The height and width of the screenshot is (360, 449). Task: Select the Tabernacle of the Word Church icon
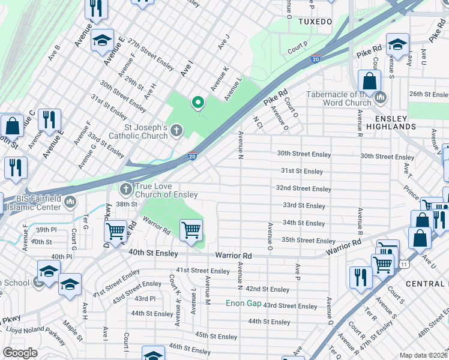[x=380, y=97]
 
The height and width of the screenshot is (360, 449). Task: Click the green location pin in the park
[x=197, y=103]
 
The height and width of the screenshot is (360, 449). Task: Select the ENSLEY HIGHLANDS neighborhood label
[x=388, y=122]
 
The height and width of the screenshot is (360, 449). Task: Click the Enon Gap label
[x=243, y=303]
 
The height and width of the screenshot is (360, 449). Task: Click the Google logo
[x=20, y=353]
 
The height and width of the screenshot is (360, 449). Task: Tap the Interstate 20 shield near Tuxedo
[x=316, y=59]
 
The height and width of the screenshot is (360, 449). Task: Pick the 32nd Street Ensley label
[x=303, y=188]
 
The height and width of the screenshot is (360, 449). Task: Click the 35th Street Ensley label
[x=308, y=240]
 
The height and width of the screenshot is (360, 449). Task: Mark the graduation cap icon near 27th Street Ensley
[x=102, y=41]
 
